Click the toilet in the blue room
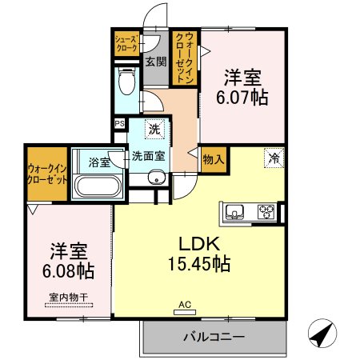(x=126, y=80)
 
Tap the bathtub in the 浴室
(x=98, y=186)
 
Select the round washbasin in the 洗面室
(x=156, y=178)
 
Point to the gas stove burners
(x=266, y=212)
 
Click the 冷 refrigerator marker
(x=274, y=158)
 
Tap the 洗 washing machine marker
(x=154, y=129)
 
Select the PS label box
(x=120, y=124)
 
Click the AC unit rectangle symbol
(x=185, y=312)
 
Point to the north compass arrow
(x=322, y=333)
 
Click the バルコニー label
(x=214, y=337)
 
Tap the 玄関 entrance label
(x=156, y=62)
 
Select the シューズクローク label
(x=127, y=43)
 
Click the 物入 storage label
(x=213, y=160)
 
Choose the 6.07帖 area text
(x=242, y=98)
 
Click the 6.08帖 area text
(x=68, y=271)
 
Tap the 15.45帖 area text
(x=199, y=263)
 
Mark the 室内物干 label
(x=69, y=297)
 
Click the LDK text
(x=199, y=244)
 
